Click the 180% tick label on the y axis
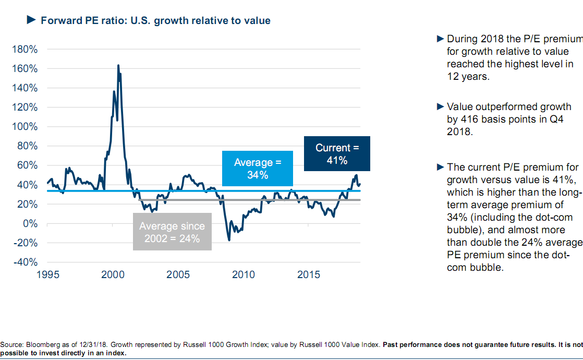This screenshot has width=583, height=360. pyautogui.click(x=26, y=50)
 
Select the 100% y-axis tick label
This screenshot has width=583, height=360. pyautogui.click(x=26, y=127)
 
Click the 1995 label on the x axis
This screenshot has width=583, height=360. pyautogui.click(x=47, y=274)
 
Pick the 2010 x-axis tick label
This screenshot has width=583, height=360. pyautogui.click(x=243, y=274)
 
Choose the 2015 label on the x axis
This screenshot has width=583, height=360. pyautogui.click(x=308, y=274)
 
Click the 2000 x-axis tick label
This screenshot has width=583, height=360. pyautogui.click(x=113, y=274)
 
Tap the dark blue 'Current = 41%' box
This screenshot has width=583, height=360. pyautogui.click(x=337, y=154)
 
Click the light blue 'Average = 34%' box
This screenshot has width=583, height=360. pyautogui.click(x=258, y=169)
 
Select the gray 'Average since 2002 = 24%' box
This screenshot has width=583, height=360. pyautogui.click(x=172, y=232)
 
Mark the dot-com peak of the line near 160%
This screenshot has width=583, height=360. pyautogui.click(x=118, y=66)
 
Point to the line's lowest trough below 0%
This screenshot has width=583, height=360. pyautogui.click(x=229, y=239)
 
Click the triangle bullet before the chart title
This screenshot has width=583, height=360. pyautogui.click(x=30, y=20)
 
